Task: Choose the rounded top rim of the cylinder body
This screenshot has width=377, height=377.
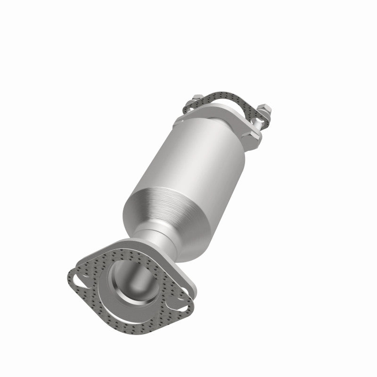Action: (x=207, y=115)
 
